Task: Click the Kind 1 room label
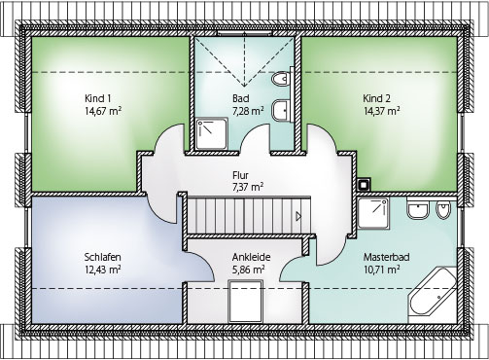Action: click(99, 98)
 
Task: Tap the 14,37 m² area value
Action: click(381, 111)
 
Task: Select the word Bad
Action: click(241, 98)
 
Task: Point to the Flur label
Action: click(241, 175)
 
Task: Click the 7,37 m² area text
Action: click(248, 188)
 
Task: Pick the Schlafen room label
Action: click(103, 257)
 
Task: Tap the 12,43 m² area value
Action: click(103, 270)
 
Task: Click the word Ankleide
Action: click(251, 257)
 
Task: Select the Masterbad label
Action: click(386, 257)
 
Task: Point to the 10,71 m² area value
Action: click(381, 270)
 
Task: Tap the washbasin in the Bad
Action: click(281, 110)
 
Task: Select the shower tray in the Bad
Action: click(212, 133)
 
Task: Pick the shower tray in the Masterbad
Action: click(373, 213)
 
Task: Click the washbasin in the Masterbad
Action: click(418, 210)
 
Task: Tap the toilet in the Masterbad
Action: click(443, 210)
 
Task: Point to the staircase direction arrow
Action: click(298, 216)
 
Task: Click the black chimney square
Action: click(364, 184)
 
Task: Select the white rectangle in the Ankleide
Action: click(245, 302)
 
